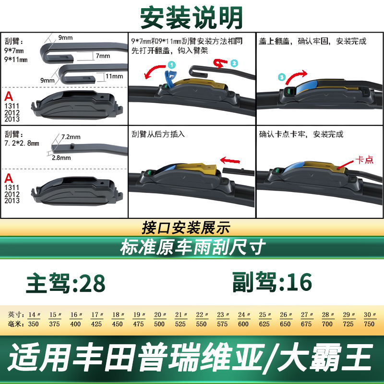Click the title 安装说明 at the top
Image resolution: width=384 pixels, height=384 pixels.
[x=192, y=18]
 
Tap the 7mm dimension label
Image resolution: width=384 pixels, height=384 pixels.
[x=103, y=56]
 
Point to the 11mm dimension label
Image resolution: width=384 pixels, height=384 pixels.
[x=114, y=76]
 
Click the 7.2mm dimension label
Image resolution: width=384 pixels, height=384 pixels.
[x=71, y=137]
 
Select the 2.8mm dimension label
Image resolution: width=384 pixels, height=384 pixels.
[x=61, y=158]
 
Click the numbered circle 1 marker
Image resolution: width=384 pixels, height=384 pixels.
[x=172, y=65]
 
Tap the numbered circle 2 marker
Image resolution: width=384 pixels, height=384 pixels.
[x=234, y=63]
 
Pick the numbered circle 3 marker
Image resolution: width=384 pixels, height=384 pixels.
[x=282, y=77]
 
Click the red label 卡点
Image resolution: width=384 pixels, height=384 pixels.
[x=364, y=160]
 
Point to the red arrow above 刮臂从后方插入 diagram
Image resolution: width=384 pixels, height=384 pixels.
[x=230, y=161]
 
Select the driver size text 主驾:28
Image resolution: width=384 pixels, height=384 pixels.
[x=66, y=283]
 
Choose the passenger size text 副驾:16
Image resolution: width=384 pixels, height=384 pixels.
[x=272, y=282]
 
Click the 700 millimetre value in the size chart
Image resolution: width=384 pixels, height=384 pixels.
[x=327, y=324]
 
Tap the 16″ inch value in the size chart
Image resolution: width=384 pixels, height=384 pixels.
[x=76, y=315]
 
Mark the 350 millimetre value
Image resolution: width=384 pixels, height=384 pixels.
[x=33, y=324]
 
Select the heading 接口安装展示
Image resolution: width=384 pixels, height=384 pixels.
[x=186, y=228]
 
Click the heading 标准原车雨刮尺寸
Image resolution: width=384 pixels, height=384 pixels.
[x=193, y=247]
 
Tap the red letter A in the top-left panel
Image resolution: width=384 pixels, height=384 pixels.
[x=9, y=96]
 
